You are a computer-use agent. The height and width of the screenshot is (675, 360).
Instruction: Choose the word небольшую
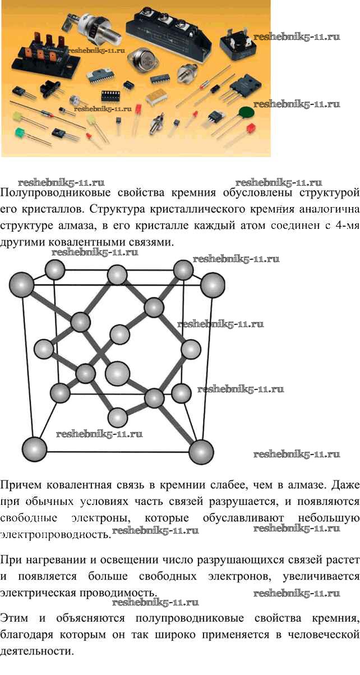[321, 517]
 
